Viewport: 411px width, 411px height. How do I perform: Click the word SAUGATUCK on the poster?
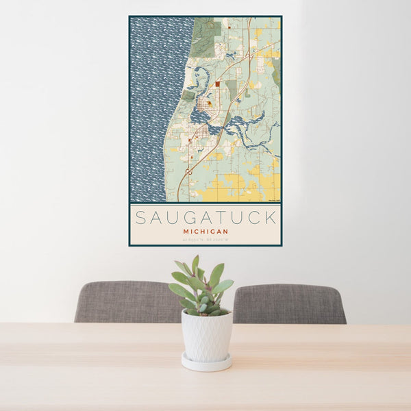click(x=206, y=218)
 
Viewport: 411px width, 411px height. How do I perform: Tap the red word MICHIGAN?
click(x=206, y=232)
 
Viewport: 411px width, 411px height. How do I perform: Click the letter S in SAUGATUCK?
click(x=140, y=218)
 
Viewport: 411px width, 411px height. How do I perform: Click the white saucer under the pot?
click(x=206, y=362)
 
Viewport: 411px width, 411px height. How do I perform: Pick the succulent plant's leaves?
click(x=202, y=284)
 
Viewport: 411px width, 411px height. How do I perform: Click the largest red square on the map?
click(x=217, y=84)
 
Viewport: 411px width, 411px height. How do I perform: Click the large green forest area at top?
click(x=206, y=38)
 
